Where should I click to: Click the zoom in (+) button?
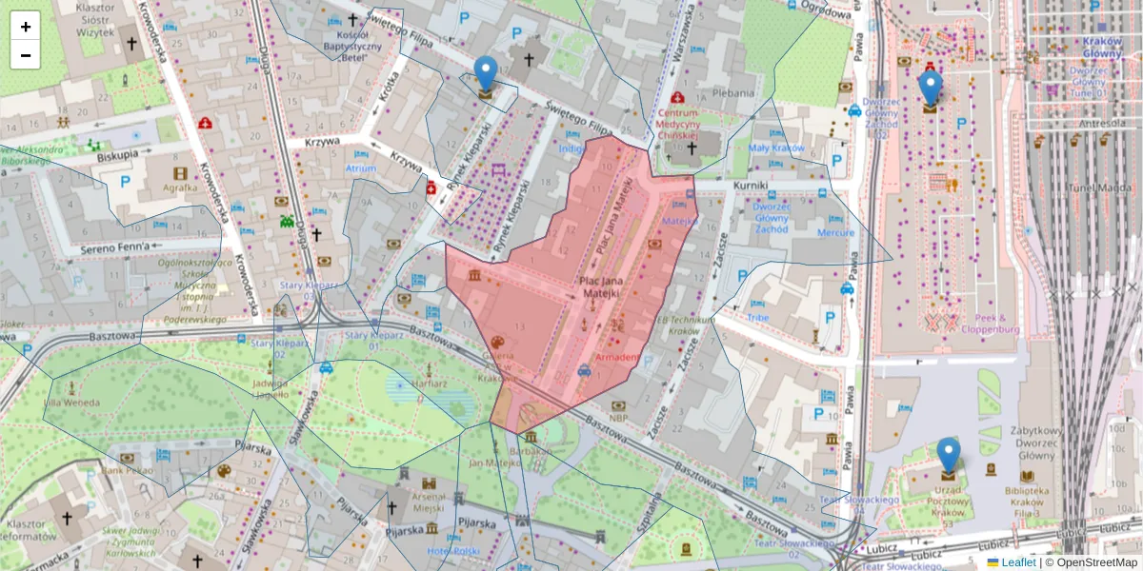click(x=26, y=27)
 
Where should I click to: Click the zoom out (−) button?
click(x=26, y=55)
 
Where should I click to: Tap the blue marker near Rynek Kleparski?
click(x=486, y=73)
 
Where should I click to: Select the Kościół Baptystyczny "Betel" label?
click(x=353, y=46)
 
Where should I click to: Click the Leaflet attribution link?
click(x=1018, y=562)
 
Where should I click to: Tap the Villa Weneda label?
click(x=71, y=403)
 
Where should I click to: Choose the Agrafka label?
click(x=180, y=188)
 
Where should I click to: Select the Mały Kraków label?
click(x=775, y=148)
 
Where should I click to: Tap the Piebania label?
click(x=733, y=93)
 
